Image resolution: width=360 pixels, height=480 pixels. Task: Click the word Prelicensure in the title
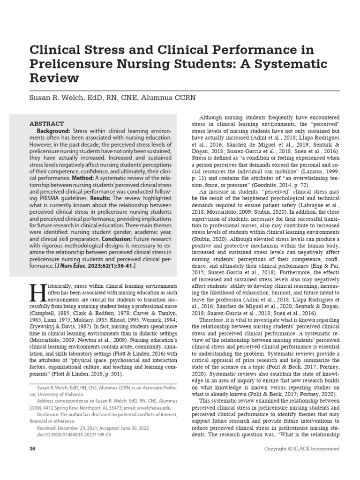[72, 63]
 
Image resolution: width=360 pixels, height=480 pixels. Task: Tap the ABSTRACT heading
[47, 123]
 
